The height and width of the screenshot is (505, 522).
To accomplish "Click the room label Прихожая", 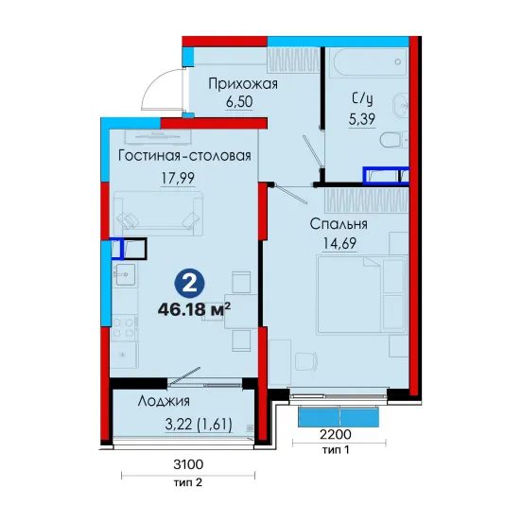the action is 243,84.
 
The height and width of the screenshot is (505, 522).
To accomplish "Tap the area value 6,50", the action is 239,102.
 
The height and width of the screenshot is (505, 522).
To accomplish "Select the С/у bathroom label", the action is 362,99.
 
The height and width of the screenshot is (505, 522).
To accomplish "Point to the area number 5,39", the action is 362,119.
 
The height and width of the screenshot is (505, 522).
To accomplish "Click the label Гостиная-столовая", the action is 184,156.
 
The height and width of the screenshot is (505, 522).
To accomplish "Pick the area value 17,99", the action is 178,178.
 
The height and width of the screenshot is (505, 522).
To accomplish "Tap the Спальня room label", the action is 339,224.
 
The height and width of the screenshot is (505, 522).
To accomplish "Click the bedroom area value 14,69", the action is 339,243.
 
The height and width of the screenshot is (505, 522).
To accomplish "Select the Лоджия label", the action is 164,401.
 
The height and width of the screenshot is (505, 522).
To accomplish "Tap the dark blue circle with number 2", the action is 190,284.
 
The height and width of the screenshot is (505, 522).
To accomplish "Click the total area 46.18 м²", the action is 194,310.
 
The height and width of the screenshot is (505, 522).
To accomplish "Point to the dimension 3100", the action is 188,464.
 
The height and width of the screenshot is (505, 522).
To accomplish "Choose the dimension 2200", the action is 336,434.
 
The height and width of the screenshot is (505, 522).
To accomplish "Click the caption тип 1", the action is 336,450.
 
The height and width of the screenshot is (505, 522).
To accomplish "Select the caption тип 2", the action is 188,482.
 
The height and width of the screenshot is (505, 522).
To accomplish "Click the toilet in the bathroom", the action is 393,139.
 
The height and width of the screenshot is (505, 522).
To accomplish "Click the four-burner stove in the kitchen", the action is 124,327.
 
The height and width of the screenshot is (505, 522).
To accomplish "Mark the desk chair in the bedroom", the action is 306,361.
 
